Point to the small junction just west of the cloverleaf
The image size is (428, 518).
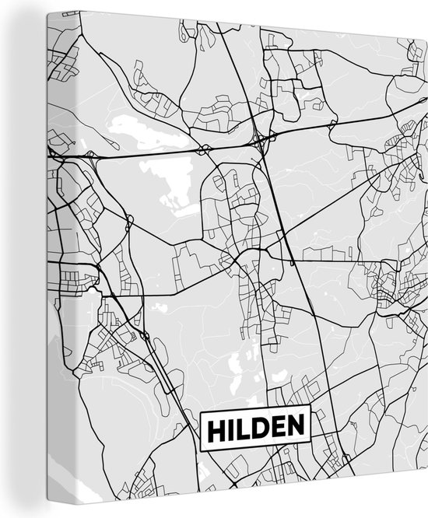204,148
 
